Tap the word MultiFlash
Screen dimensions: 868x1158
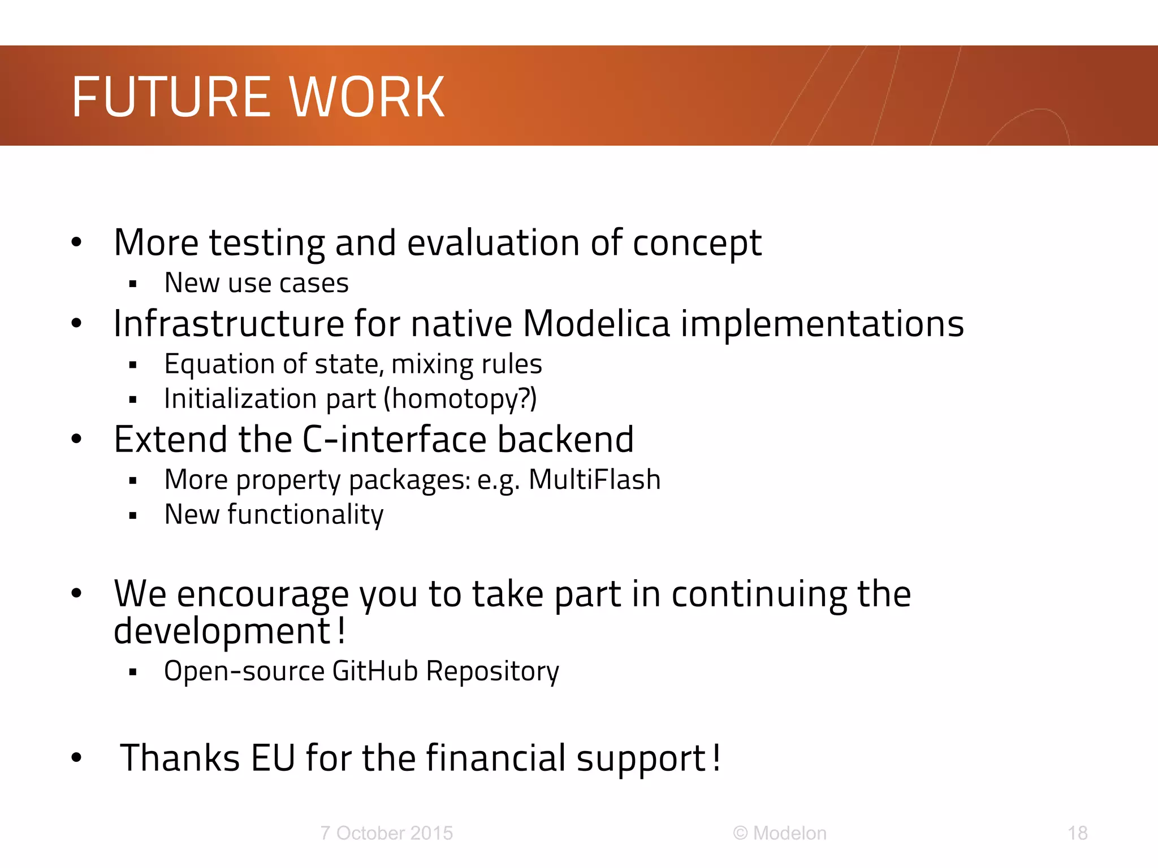pyautogui.click(x=594, y=480)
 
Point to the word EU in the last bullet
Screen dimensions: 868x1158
pyautogui.click(x=273, y=758)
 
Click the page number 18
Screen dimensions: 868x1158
pyautogui.click(x=1077, y=833)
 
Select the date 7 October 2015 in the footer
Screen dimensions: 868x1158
pyautogui.click(x=386, y=833)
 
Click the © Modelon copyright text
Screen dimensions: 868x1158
pyautogui.click(x=780, y=833)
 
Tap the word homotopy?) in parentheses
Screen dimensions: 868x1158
pyautogui.click(x=460, y=399)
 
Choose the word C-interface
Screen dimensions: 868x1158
pyautogui.click(x=394, y=440)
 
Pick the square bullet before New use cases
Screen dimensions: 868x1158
pyautogui.click(x=133, y=284)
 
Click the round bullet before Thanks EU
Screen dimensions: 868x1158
pyautogui.click(x=77, y=758)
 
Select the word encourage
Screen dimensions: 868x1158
pyautogui.click(x=263, y=594)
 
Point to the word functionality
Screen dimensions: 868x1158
pyautogui.click(x=305, y=515)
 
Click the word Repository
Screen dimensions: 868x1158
pyautogui.click(x=492, y=671)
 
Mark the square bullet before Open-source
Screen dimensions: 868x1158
pyautogui.click(x=133, y=672)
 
